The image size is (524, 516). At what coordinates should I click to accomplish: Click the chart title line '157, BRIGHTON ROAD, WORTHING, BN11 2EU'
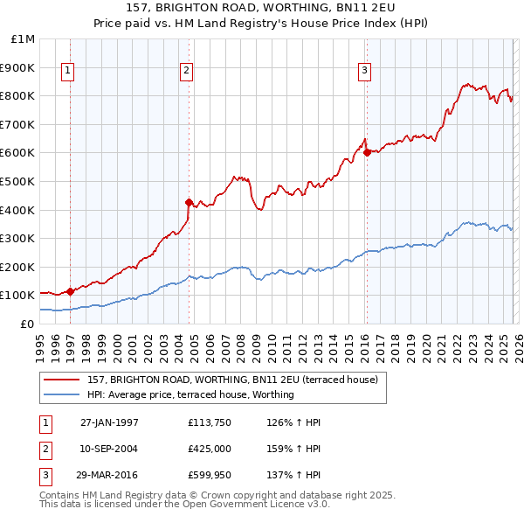[262, 8]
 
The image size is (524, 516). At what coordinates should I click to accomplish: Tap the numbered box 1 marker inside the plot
[69, 72]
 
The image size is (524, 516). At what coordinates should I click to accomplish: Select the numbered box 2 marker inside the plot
[187, 72]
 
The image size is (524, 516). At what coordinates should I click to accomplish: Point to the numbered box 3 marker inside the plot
[365, 72]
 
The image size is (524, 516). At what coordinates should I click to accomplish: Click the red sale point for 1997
[70, 291]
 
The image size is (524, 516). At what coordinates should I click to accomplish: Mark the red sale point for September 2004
[188, 202]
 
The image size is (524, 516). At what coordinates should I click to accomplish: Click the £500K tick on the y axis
[19, 181]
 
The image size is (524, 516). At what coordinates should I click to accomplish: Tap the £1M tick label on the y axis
[23, 38]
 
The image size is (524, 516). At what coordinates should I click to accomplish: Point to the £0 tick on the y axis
[26, 324]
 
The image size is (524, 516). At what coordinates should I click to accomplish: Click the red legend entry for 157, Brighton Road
[232, 380]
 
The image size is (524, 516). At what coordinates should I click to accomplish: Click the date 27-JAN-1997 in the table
[109, 422]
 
